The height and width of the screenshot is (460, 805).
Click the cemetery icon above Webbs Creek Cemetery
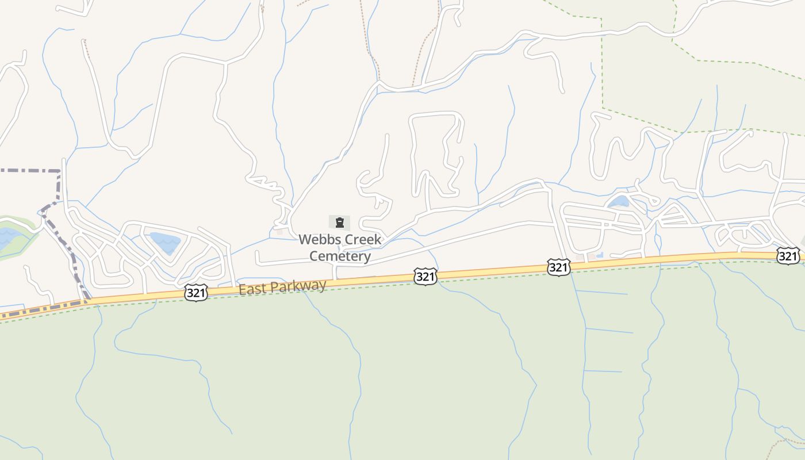(339, 223)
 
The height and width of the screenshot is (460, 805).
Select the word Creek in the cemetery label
(362, 239)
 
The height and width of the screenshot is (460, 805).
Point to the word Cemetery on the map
(340, 256)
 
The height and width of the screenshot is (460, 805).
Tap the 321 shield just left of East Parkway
(196, 293)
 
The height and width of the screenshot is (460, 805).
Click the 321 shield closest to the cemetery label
(425, 277)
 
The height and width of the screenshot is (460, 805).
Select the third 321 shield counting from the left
(558, 267)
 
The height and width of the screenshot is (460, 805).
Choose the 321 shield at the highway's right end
(788, 256)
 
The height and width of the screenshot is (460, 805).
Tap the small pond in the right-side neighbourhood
(619, 202)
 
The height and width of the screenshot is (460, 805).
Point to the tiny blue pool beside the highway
(600, 255)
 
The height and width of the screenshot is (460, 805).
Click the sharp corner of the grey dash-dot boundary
(59, 171)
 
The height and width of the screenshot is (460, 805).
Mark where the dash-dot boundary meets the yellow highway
(86, 301)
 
